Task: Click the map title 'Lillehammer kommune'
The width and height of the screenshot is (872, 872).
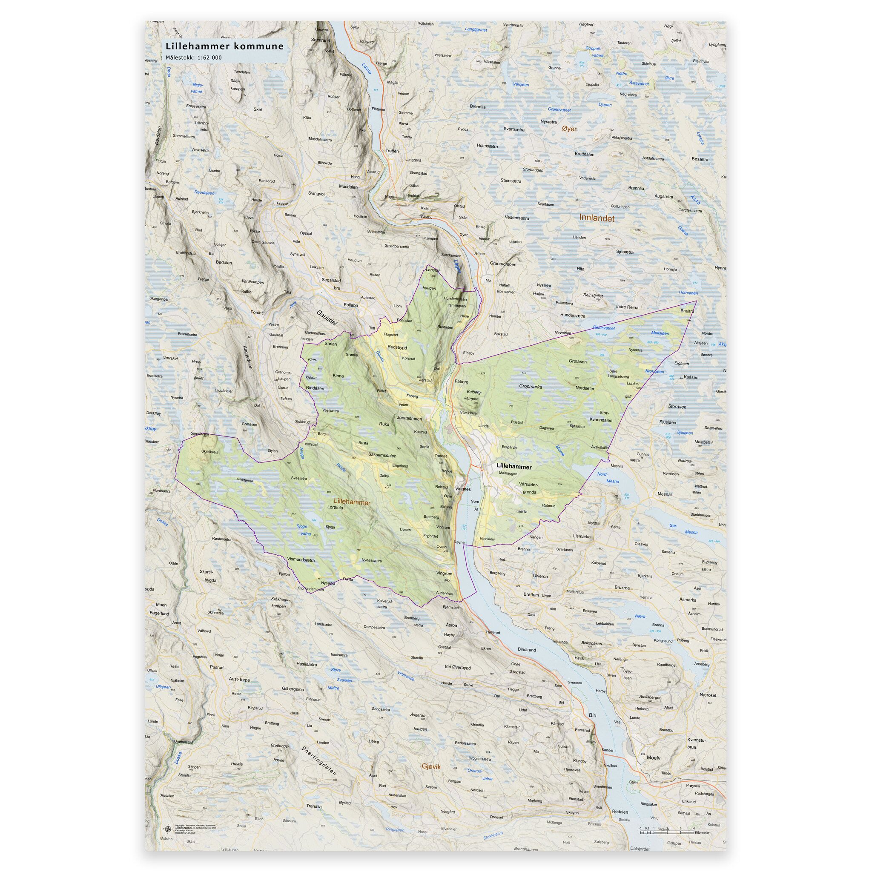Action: (x=224, y=46)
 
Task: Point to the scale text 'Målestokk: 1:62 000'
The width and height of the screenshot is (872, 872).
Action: (x=194, y=57)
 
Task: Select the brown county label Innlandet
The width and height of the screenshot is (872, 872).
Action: (x=597, y=218)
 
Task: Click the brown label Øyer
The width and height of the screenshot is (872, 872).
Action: (x=569, y=129)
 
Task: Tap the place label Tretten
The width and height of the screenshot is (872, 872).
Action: (x=392, y=151)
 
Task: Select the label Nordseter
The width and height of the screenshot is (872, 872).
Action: (x=585, y=388)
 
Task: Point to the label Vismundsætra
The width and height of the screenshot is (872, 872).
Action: (x=301, y=559)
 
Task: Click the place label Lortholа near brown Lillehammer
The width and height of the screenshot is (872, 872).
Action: (x=336, y=507)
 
